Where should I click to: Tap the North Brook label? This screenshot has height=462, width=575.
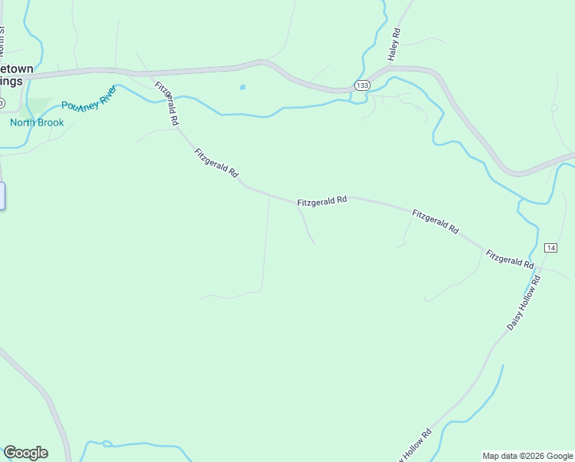37,122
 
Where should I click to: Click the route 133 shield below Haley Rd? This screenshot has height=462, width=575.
362,84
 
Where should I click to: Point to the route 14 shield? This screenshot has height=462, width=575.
550,247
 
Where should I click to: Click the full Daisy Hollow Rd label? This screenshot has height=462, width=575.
524,303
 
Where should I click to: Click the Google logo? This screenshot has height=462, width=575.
25,453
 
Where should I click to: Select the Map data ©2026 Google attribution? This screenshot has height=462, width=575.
528,456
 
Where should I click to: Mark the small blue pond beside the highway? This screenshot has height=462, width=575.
243,87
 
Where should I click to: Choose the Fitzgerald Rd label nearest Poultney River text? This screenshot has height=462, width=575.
167,104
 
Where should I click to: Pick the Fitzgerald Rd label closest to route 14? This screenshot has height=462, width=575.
510,258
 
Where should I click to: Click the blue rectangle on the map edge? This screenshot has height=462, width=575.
2,196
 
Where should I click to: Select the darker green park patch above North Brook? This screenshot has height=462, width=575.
38,105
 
